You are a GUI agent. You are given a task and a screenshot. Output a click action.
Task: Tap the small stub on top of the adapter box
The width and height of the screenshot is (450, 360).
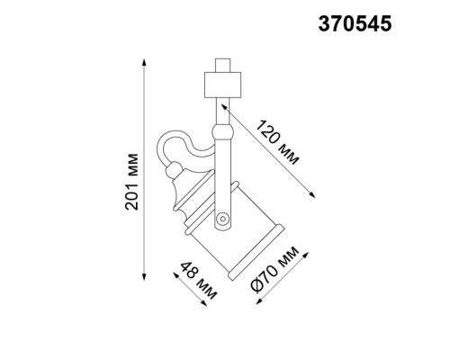click(x=221, y=65)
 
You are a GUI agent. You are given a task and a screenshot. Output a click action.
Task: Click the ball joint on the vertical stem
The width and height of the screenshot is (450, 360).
click(x=221, y=134)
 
